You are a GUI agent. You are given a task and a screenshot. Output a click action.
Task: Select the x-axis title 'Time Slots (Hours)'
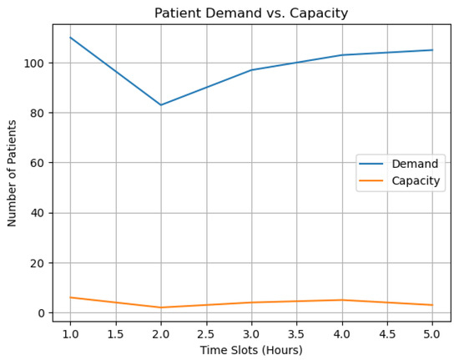(252, 350)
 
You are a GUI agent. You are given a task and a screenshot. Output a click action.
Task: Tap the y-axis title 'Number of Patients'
(13, 173)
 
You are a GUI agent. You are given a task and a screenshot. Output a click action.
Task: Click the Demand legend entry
(415, 164)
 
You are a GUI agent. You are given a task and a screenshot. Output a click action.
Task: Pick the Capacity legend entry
(416, 180)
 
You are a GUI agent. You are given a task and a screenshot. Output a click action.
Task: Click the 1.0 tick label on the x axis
(70, 333)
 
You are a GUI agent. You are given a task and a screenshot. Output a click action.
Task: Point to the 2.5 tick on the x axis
(206, 333)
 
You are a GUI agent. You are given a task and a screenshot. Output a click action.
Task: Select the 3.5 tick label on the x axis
(297, 333)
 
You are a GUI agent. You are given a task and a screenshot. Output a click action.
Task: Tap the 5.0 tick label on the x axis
(433, 333)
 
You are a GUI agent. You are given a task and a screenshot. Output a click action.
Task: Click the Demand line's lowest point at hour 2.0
(161, 105)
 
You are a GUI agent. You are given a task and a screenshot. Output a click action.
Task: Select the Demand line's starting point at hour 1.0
(70, 38)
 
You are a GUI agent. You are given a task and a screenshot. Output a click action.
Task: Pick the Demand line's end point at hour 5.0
(433, 50)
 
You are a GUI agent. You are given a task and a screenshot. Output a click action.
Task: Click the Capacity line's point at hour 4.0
(342, 300)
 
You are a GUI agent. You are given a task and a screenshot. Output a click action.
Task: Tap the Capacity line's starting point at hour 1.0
(70, 297)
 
